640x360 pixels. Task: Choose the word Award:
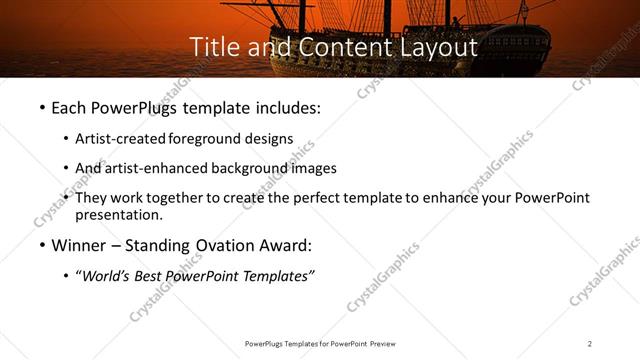pos(283,245)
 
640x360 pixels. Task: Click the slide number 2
pos(590,343)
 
